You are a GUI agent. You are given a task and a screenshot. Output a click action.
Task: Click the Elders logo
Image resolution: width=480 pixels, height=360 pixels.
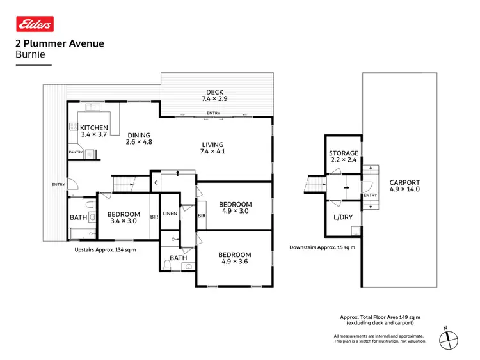35,24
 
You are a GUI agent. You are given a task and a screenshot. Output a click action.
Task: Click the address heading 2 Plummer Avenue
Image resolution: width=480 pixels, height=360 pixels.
59,44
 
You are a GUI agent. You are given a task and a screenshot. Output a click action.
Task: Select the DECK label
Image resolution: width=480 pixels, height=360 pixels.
214,92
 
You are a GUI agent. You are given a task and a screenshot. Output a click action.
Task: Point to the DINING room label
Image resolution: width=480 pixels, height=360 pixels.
138,135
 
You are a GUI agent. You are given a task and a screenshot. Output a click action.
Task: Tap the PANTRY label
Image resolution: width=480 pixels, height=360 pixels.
76,152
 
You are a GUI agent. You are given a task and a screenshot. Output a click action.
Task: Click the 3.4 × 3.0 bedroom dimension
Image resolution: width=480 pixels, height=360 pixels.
124,221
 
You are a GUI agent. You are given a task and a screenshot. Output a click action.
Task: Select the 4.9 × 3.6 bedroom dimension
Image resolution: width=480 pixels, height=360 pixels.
236,261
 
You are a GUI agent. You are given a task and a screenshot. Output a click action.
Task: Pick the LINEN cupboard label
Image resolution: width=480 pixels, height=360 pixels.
170,214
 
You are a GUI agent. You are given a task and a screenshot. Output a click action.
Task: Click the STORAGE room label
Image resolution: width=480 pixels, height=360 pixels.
344,153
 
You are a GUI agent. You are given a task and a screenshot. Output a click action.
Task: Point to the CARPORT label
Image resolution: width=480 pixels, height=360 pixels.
404,183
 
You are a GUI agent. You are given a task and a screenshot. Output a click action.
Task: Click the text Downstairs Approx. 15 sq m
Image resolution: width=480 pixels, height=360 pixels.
323,247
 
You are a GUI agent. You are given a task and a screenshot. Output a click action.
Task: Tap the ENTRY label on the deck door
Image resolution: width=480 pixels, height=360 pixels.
213,114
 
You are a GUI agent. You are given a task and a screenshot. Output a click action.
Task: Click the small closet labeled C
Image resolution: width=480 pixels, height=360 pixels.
156,183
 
